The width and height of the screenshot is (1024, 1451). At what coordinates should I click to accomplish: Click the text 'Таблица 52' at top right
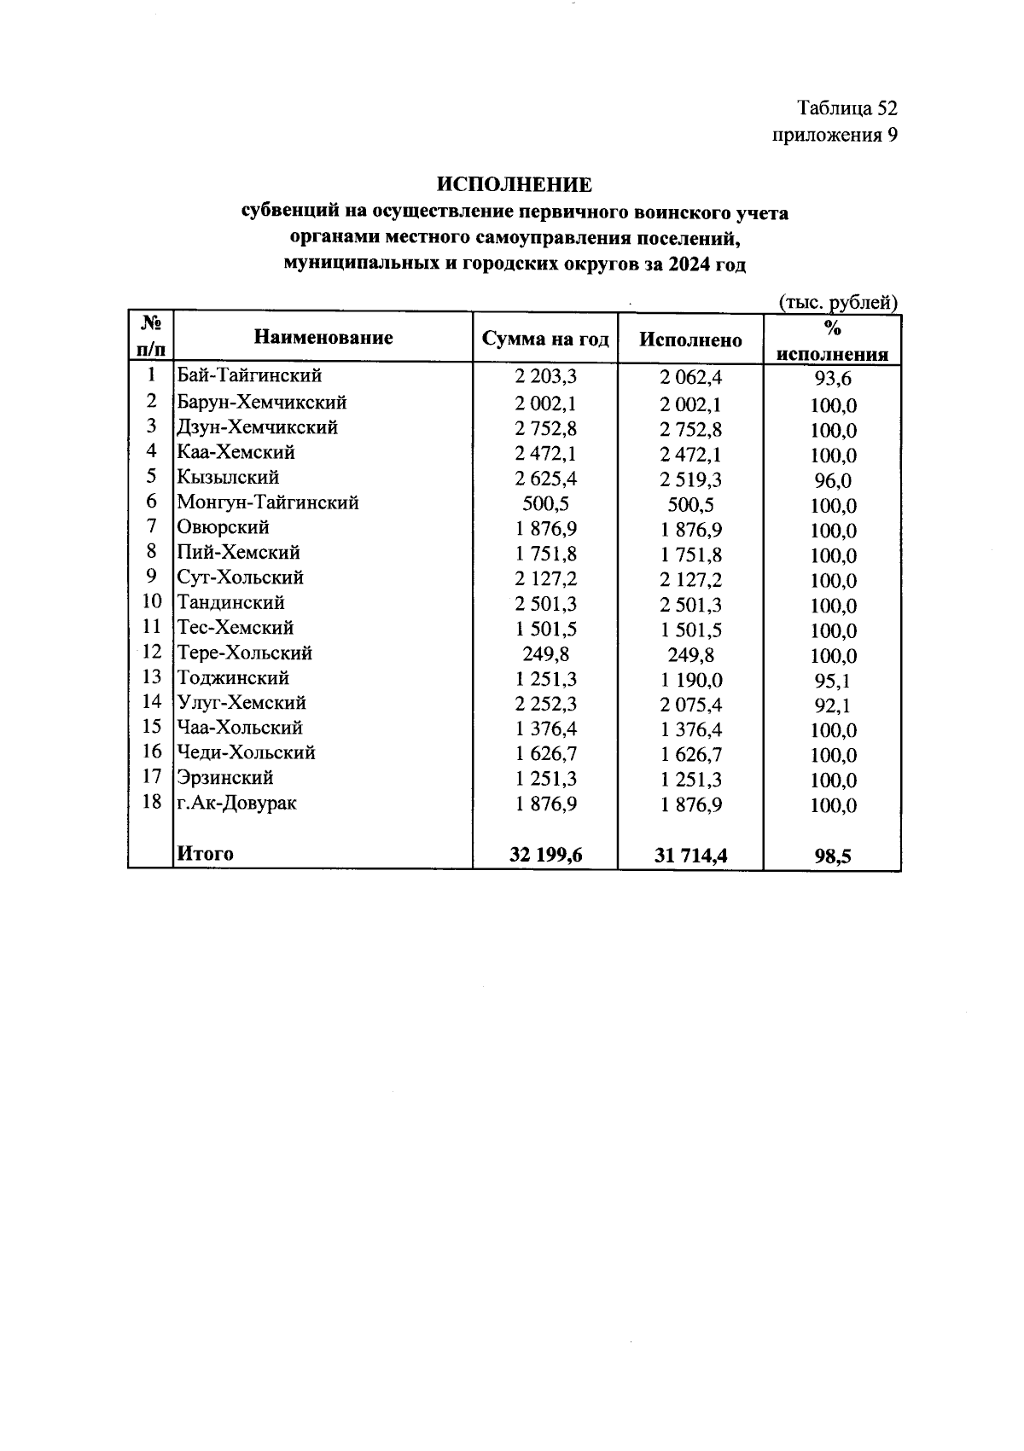[x=847, y=108]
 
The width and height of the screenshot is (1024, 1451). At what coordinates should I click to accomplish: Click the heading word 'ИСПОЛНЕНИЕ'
[x=514, y=184]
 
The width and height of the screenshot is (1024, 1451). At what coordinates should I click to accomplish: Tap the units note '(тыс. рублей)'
[x=838, y=302]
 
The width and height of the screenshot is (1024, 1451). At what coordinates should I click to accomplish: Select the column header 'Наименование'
[x=323, y=338]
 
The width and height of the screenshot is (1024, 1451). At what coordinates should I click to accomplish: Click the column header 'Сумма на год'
[x=545, y=340]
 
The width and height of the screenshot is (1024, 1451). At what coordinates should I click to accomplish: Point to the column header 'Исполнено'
[x=690, y=340]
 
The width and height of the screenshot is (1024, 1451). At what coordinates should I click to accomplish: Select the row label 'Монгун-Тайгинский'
[x=267, y=502]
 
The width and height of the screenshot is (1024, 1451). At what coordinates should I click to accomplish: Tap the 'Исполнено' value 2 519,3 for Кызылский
[x=691, y=479]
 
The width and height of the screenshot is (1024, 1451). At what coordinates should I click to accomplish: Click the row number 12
[x=151, y=653]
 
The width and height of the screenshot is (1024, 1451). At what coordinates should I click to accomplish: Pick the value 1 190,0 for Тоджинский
[x=691, y=680]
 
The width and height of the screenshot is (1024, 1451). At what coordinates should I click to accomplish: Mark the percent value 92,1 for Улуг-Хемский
[x=833, y=705]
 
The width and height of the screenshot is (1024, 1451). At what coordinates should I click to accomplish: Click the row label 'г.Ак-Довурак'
[x=236, y=803]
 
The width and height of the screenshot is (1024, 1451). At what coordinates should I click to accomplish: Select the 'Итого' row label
[x=205, y=853]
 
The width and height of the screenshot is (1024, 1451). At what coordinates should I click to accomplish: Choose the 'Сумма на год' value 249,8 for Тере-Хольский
[x=546, y=654]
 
